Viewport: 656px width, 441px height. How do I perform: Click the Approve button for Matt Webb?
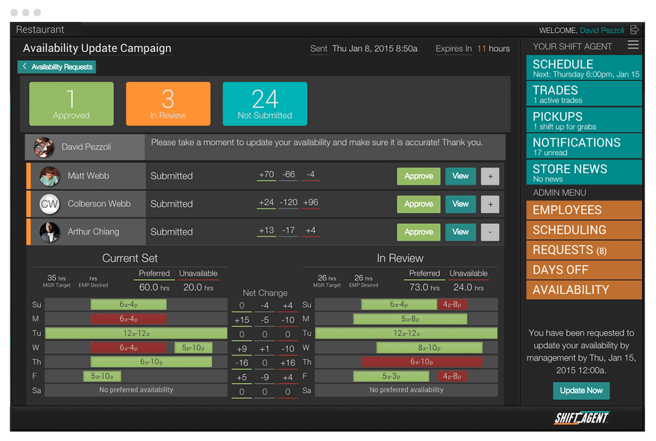(x=418, y=176)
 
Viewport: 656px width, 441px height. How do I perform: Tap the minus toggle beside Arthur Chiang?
(x=490, y=232)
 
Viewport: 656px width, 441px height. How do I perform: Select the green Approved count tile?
(x=72, y=104)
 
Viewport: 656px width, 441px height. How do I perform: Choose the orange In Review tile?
(x=168, y=104)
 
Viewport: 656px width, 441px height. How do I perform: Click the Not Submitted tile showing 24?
(x=264, y=104)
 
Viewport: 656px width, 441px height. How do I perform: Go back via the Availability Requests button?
(x=57, y=67)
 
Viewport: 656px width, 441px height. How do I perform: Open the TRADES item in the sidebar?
(x=584, y=94)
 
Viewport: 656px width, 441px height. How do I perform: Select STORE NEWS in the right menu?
(x=584, y=172)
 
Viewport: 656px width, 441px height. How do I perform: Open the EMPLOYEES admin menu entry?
(x=584, y=211)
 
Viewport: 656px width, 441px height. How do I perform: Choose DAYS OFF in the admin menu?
(x=584, y=270)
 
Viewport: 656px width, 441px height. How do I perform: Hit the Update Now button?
(x=581, y=390)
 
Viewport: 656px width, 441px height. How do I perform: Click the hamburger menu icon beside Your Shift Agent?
(x=633, y=45)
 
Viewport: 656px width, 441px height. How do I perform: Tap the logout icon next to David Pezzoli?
(x=635, y=30)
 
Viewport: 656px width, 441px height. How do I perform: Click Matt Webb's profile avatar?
(x=50, y=176)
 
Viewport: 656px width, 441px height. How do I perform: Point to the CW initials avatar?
(x=50, y=204)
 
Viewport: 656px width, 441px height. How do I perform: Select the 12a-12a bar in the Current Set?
(x=136, y=333)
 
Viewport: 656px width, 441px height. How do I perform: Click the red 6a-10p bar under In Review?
(x=422, y=362)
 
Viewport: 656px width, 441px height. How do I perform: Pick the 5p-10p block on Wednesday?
(x=193, y=347)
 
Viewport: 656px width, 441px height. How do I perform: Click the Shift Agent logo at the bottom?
(x=581, y=418)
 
